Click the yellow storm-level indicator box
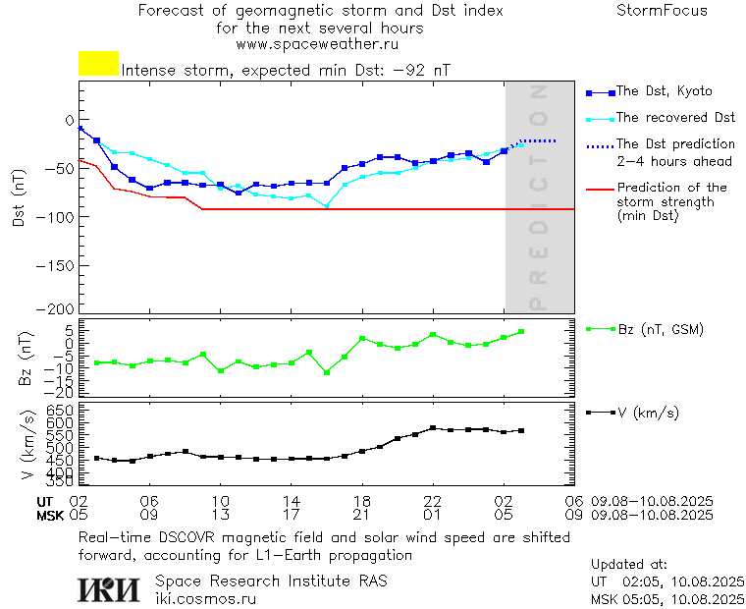pyautogui.click(x=98, y=64)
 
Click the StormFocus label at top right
pyautogui.click(x=662, y=11)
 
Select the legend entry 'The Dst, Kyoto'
pyautogui.click(x=664, y=91)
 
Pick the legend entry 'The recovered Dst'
pyautogui.click(x=675, y=118)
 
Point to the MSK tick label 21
pyautogui.click(x=362, y=515)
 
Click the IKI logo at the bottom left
pyautogui.click(x=108, y=589)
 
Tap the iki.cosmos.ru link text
pyautogui.click(x=206, y=598)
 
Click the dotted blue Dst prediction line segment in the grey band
pyautogui.click(x=538, y=141)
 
